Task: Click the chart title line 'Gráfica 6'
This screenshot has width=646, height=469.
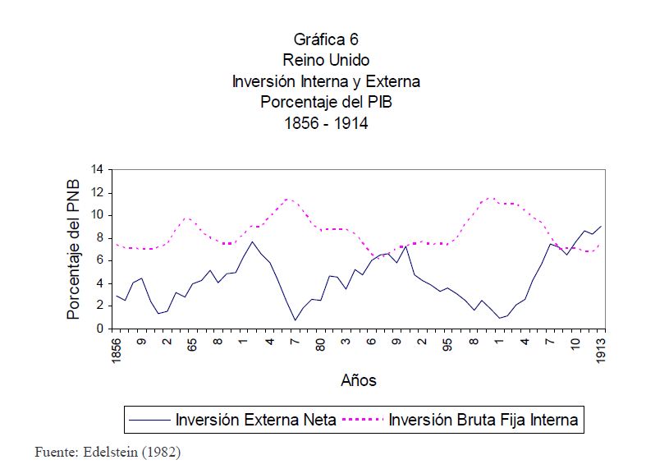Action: pyautogui.click(x=326, y=39)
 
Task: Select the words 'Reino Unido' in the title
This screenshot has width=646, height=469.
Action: pyautogui.click(x=326, y=60)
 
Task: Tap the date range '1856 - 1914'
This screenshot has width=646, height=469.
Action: pyautogui.click(x=326, y=123)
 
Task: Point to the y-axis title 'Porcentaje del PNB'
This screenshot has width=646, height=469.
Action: pyautogui.click(x=73, y=249)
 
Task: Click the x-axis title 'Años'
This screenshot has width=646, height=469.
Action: pyautogui.click(x=359, y=380)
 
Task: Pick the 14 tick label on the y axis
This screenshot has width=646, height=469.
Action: pyautogui.click(x=97, y=170)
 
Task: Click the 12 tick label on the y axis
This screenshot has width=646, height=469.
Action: pyautogui.click(x=97, y=193)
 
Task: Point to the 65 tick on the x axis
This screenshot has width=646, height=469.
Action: pyautogui.click(x=193, y=344)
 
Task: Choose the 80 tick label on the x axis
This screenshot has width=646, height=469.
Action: pyautogui.click(x=321, y=344)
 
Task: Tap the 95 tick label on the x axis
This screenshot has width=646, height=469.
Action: pyautogui.click(x=448, y=344)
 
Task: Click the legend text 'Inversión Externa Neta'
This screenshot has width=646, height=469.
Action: pyautogui.click(x=255, y=420)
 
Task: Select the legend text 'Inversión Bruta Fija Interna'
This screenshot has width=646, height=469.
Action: pyautogui.click(x=483, y=420)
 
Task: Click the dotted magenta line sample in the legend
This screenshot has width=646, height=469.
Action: pyautogui.click(x=362, y=420)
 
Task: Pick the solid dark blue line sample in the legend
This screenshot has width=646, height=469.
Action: pyautogui.click(x=149, y=420)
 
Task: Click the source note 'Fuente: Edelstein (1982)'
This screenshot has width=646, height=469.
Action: pyautogui.click(x=107, y=452)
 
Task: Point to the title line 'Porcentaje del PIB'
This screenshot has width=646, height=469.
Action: pyautogui.click(x=326, y=103)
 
